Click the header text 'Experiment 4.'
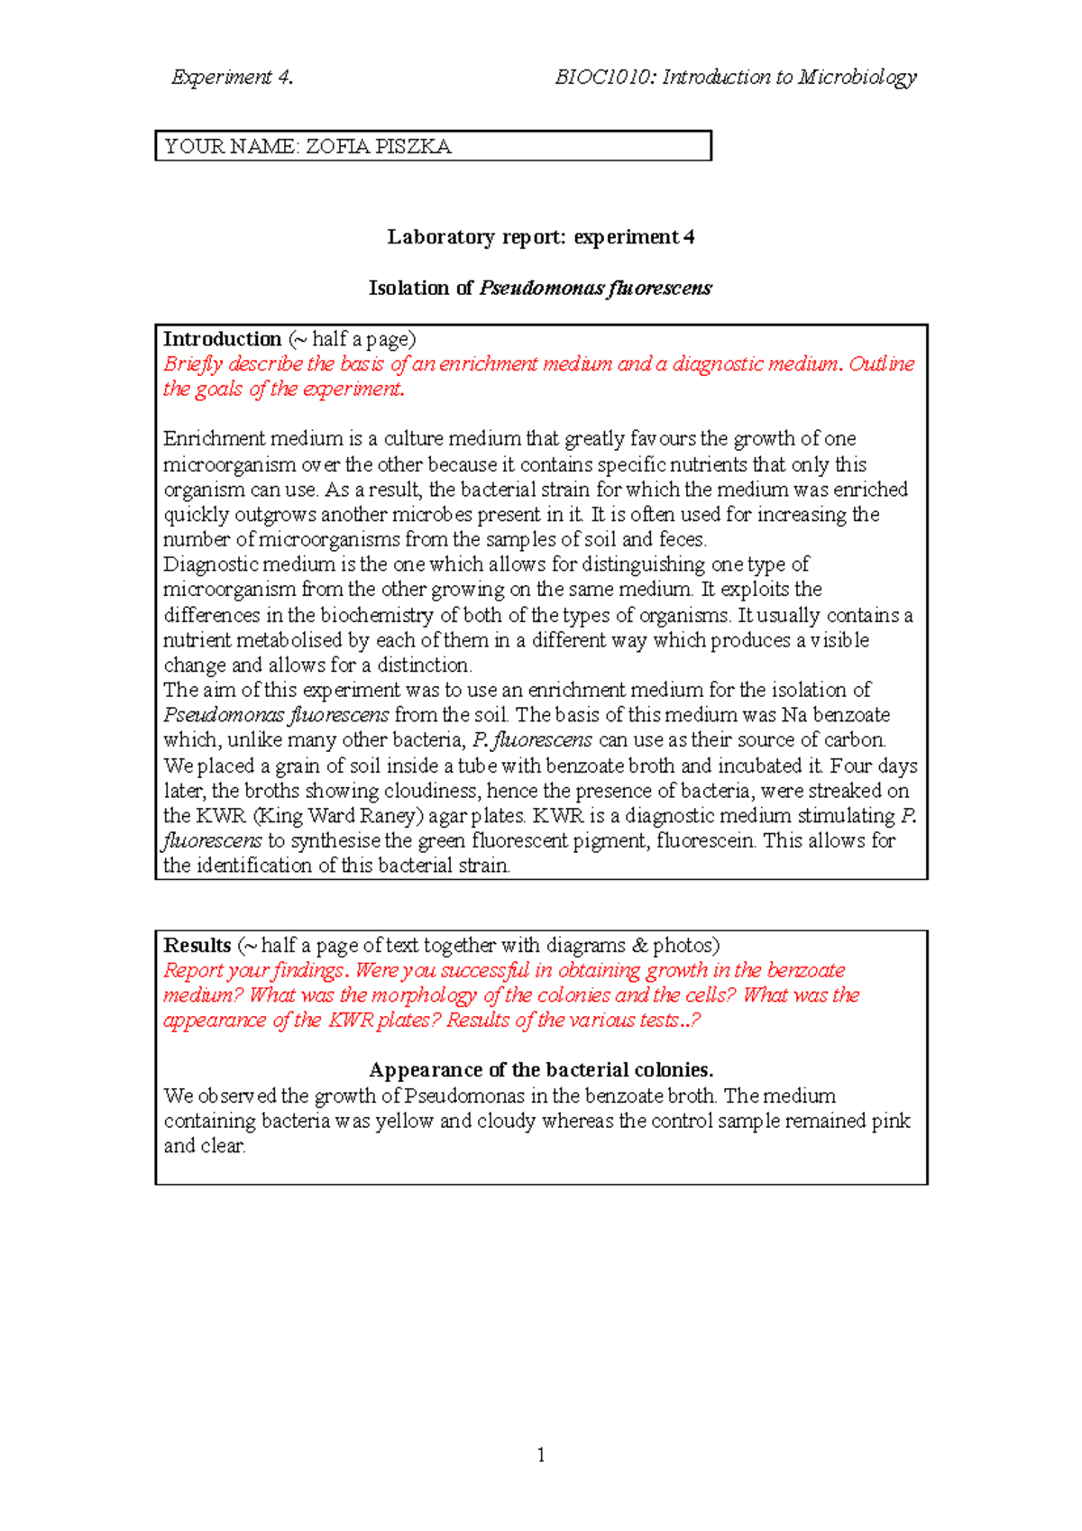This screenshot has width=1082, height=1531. [232, 78]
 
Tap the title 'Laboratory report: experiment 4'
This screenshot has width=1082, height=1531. [540, 237]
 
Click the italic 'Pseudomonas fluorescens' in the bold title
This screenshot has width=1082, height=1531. [595, 289]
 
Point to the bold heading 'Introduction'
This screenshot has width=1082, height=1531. [222, 339]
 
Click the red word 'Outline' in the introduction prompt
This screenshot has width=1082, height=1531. [881, 364]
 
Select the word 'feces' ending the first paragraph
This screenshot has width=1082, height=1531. [682, 539]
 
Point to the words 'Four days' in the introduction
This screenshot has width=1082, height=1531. [873, 765]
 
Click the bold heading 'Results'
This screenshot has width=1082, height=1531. [197, 945]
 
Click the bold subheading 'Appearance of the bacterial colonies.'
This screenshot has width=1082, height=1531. [541, 1070]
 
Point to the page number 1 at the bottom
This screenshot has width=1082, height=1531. [540, 1454]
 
